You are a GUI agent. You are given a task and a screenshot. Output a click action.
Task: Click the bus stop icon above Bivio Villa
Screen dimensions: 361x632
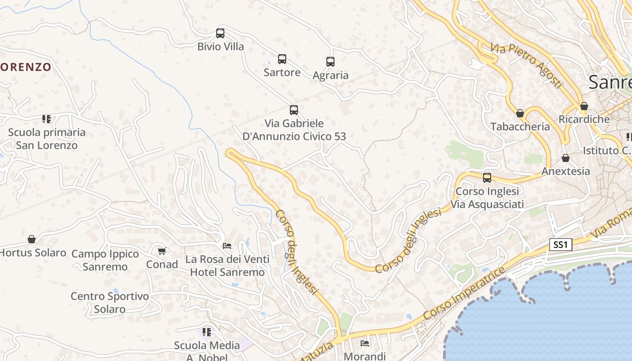220,33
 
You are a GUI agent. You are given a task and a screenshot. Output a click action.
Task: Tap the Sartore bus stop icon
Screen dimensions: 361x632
282,59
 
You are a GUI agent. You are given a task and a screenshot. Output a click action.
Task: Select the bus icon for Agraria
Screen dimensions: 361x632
330,62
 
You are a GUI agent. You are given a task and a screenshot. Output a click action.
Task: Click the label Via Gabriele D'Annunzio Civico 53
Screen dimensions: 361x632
294,130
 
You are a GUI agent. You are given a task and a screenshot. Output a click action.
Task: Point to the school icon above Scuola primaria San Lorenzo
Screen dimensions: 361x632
46,119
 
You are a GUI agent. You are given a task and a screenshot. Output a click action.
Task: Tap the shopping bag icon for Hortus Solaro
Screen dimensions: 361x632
32,239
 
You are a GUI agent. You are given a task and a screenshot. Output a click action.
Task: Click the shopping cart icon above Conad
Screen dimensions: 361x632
162,251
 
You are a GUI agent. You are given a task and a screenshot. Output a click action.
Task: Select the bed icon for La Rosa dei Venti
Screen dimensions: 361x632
227,246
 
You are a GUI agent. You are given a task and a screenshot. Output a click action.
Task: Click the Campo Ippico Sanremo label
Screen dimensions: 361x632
105,260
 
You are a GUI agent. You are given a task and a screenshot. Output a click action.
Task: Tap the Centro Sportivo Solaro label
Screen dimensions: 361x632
110,303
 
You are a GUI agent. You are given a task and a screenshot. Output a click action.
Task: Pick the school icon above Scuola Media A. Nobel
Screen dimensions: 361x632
207,332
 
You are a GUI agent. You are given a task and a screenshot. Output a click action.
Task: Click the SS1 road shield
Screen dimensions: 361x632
561,245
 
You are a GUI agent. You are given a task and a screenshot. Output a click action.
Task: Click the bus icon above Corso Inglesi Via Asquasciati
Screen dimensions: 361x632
487,178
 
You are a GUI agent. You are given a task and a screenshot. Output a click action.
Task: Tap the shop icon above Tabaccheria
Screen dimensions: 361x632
520,113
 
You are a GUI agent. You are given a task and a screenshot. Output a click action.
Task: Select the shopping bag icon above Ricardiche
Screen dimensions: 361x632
584,106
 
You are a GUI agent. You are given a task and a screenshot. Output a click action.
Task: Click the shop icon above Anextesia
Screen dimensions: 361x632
566,158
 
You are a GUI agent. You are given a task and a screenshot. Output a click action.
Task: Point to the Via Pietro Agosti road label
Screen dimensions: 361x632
527,66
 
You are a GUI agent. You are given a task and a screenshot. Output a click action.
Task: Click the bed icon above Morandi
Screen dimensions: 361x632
365,343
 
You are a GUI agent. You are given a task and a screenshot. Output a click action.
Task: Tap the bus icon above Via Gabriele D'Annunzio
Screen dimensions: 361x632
294,110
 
